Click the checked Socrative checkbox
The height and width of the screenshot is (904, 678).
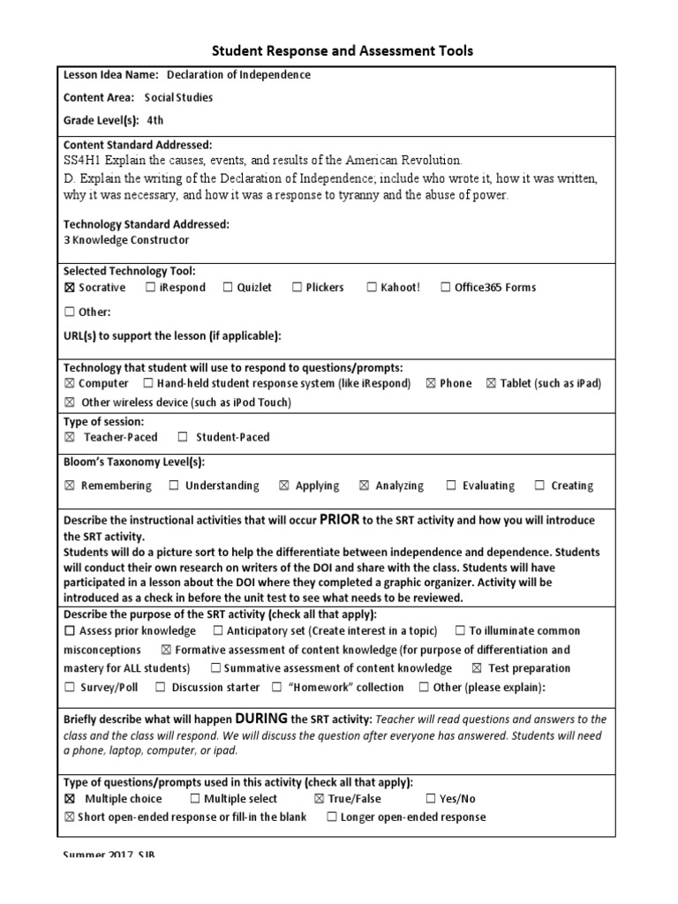tap(70, 288)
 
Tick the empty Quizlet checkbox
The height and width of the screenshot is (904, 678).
tap(228, 288)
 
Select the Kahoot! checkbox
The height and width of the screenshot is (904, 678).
tap(372, 288)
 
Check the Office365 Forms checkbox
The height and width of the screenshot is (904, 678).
tap(446, 288)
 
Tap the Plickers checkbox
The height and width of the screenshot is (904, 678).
tap(298, 288)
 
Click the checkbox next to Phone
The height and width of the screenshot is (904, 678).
tap(431, 384)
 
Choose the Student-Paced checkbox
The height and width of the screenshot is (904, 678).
tap(183, 437)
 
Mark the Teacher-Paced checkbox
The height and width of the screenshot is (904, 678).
tap(70, 437)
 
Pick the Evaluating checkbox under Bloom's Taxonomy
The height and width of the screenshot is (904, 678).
tap(451, 486)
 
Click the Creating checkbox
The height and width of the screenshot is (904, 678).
tap(539, 486)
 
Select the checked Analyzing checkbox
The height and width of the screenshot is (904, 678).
tap(364, 486)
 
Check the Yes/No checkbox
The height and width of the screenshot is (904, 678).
tap(431, 799)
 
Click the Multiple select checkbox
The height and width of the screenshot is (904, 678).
tap(194, 799)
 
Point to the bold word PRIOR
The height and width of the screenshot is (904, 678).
tap(339, 519)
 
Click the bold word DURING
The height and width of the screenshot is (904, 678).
tap(261, 719)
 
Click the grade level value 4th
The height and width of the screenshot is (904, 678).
tap(155, 121)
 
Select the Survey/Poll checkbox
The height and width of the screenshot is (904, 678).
tap(70, 688)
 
